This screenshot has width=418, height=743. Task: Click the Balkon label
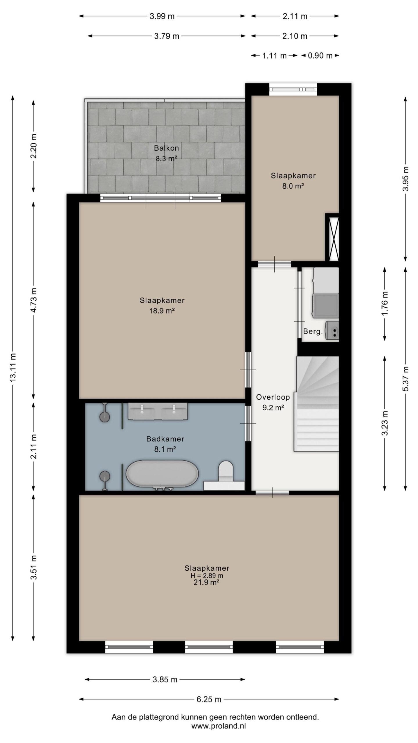point(166,148)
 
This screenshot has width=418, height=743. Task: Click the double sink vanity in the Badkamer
point(158,411)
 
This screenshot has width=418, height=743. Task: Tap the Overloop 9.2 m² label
point(273,402)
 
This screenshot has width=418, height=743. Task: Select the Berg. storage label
point(313,331)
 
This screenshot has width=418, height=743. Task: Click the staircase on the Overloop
point(317,404)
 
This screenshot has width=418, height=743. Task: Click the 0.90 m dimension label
point(320,55)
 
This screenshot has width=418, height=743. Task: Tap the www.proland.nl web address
point(219,726)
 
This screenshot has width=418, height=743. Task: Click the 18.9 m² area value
point(162,311)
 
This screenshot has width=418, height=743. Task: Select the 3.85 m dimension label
point(165,679)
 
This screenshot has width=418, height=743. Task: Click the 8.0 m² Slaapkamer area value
point(293,186)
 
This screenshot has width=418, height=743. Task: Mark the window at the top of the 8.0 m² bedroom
point(293,89)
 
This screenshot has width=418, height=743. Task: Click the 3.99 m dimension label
point(162,16)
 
